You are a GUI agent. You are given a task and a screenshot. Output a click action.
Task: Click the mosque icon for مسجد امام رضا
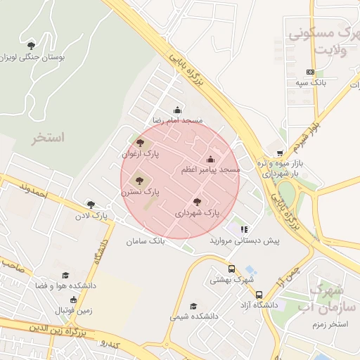tap(176, 110)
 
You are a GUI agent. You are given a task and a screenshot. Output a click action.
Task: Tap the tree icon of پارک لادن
tap(90, 205)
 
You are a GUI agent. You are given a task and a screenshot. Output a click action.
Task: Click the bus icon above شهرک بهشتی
tap(231, 269)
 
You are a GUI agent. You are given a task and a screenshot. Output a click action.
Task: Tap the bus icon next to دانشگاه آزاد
tap(259, 295)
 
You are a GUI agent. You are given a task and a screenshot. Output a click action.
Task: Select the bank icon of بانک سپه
tap(310, 72)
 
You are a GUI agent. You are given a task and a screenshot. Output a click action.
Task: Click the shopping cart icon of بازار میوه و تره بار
tap(281, 153)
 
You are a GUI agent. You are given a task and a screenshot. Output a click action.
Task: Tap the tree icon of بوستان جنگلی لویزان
tap(31, 46)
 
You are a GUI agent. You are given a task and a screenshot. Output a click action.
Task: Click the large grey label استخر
tap(48, 137)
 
